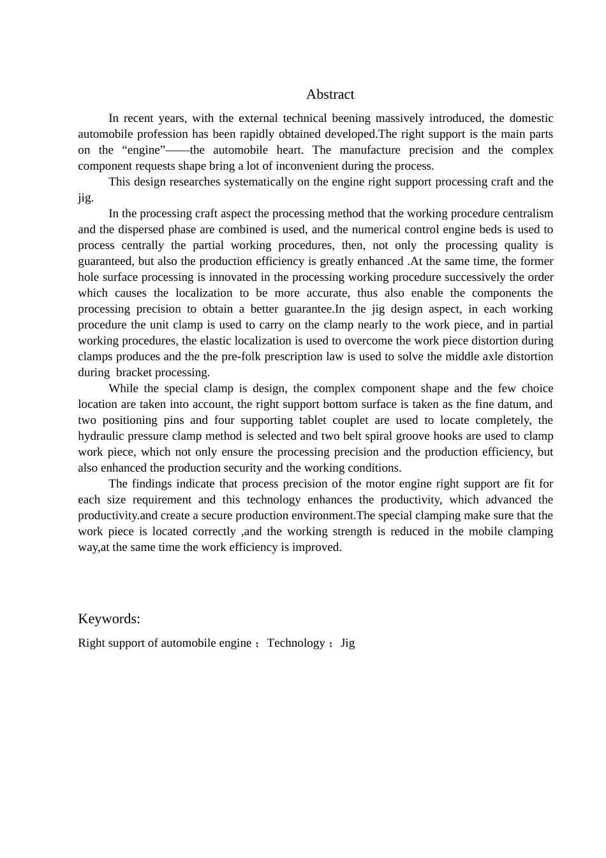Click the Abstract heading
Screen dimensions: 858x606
click(x=330, y=94)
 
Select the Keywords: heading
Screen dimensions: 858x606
click(x=109, y=619)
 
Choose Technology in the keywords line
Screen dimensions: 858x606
click(x=296, y=643)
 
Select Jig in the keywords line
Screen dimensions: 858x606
click(x=347, y=643)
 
